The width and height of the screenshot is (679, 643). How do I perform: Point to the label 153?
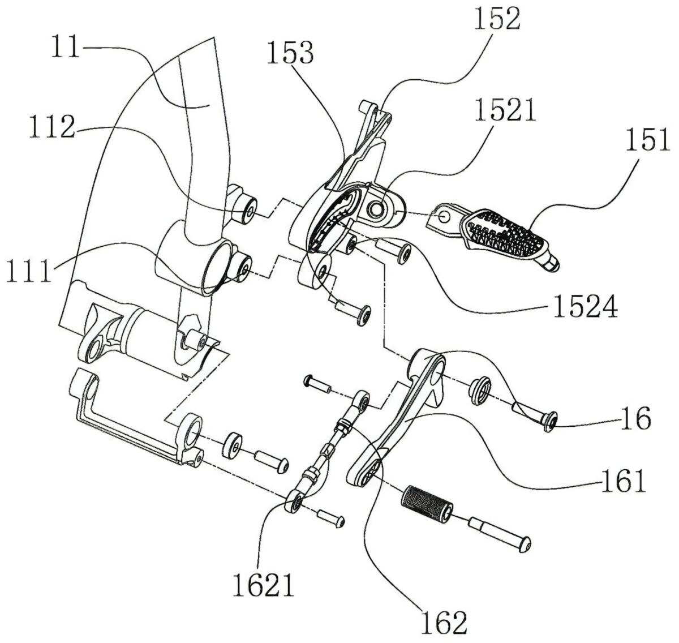290,52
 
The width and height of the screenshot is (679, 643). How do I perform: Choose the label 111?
29,271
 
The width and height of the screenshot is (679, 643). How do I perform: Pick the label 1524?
586,306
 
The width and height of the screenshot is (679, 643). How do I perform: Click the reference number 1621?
264,585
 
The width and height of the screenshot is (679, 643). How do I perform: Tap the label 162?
444,622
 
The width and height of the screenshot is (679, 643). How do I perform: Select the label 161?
624,481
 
